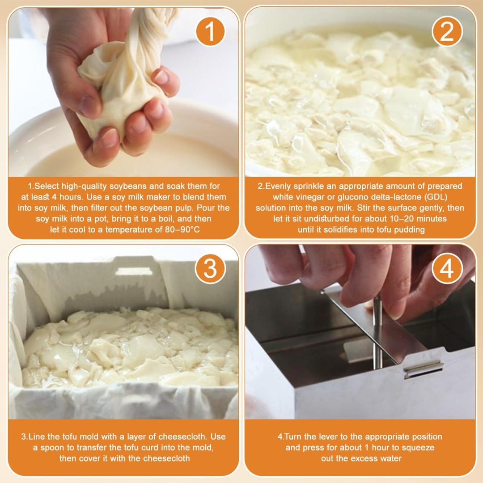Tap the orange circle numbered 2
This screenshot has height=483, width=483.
pyautogui.click(x=447, y=31)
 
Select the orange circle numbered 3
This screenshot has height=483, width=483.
pyautogui.click(x=210, y=268)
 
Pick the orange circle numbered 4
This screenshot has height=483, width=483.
pyautogui.click(x=447, y=268)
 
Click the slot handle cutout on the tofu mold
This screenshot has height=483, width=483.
pyautogui.click(x=134, y=271)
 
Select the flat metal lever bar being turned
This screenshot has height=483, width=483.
pyautogui.click(x=371, y=322)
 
